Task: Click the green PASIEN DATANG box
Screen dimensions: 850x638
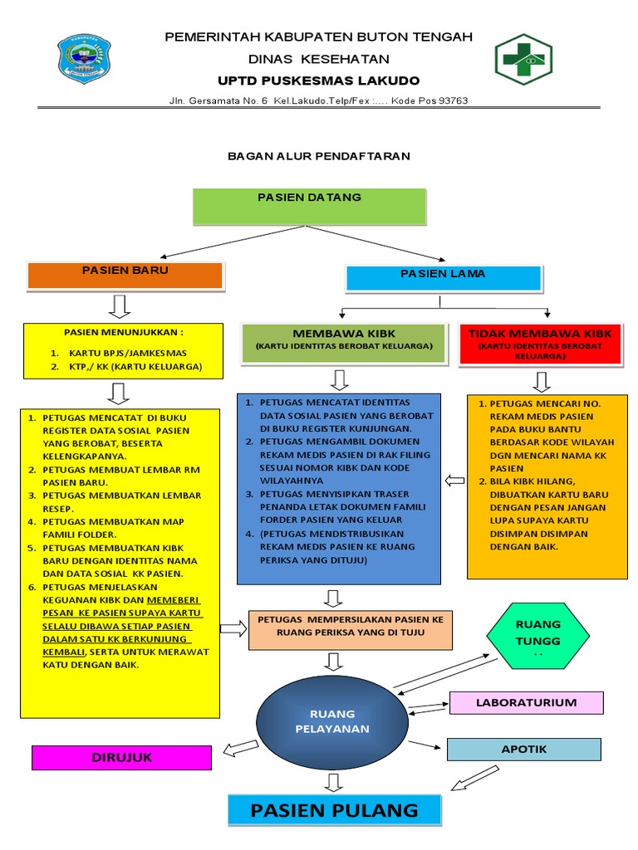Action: coord(309,206)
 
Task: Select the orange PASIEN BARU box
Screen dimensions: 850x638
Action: coord(125,275)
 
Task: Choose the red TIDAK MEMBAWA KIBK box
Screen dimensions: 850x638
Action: coord(540,344)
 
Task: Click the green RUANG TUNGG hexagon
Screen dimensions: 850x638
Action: coord(538,636)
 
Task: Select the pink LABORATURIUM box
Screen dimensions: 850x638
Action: coord(526,703)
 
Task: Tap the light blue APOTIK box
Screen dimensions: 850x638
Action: coord(523,749)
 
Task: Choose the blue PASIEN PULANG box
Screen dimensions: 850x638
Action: coord(335,810)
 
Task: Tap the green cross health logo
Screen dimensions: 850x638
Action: coord(523,61)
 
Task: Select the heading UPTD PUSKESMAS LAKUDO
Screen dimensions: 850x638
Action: coord(318,81)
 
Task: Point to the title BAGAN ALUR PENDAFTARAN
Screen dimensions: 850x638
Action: coord(319,155)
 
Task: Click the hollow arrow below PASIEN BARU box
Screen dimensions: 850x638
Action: coord(120,305)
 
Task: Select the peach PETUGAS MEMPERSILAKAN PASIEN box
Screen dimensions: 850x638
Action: coord(351,627)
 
